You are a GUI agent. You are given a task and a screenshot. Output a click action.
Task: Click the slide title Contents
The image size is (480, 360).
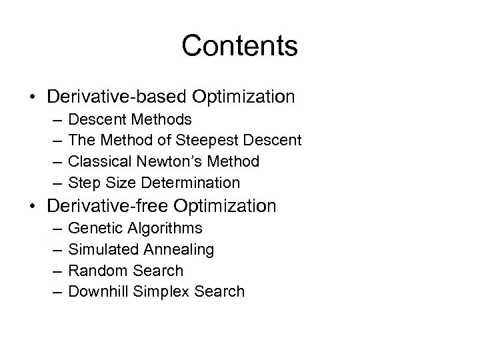click(x=239, y=46)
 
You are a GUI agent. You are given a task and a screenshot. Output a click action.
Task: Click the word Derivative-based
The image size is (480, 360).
click(x=117, y=97)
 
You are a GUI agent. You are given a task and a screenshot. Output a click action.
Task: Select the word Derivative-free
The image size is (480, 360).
click(x=109, y=205)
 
